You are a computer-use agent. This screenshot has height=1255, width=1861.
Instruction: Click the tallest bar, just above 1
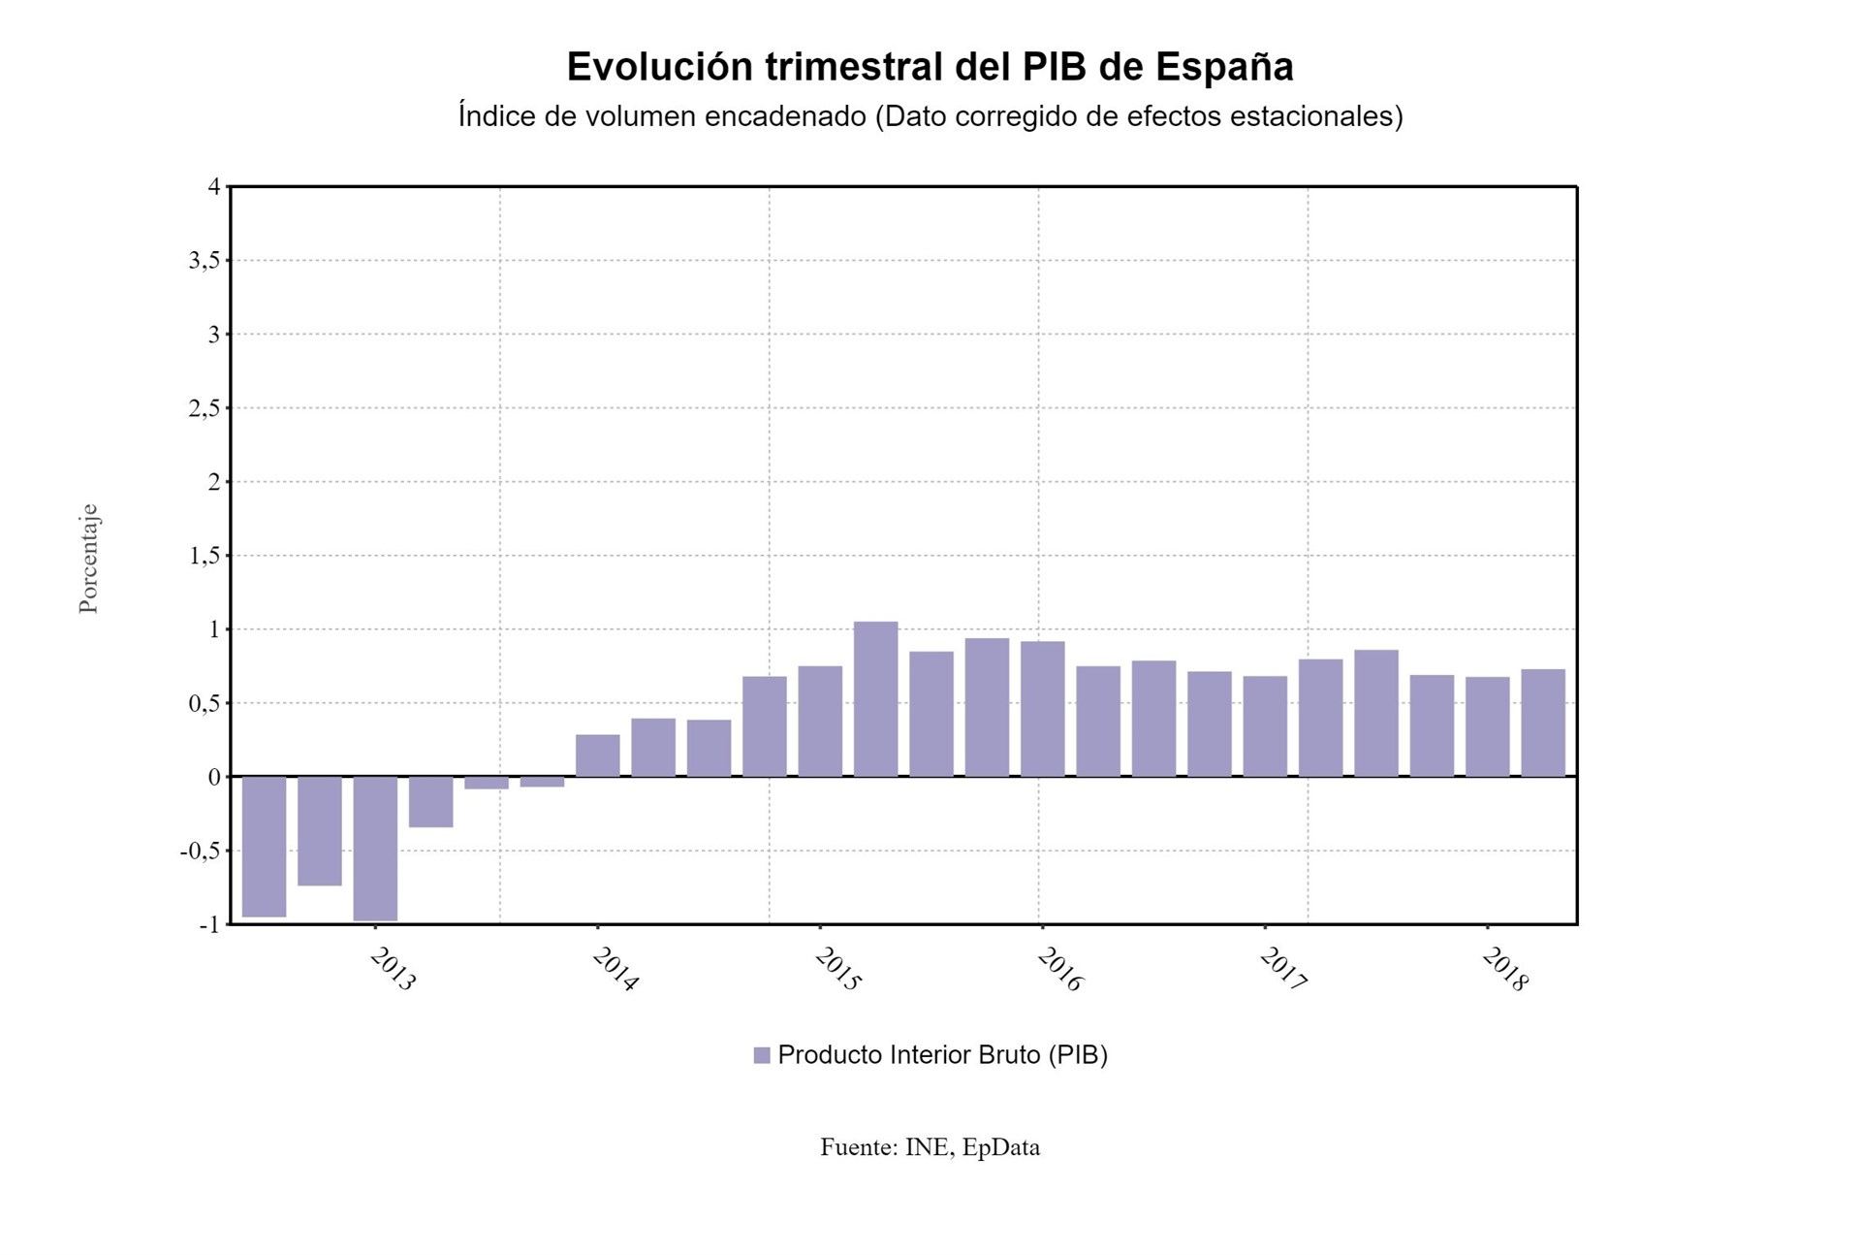pos(875,698)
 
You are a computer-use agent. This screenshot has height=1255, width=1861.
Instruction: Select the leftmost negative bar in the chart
pos(264,846)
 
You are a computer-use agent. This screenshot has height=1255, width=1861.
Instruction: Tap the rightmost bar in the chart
pos(1542,723)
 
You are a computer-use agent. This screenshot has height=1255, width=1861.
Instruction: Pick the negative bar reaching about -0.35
pos(430,801)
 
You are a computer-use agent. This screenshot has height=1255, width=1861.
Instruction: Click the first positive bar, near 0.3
pos(597,756)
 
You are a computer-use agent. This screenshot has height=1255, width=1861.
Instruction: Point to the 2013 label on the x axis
pos(393,969)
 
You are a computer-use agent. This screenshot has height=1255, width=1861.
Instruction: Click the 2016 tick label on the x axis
pos(1059,969)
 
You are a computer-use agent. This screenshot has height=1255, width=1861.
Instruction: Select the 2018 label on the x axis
pos(1504,969)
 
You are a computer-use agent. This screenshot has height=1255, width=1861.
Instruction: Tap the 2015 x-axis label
pos(837,969)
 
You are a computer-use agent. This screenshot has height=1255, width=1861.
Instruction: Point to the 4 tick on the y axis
pos(214,186)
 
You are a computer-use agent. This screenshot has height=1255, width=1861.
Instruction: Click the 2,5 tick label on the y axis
pos(204,407)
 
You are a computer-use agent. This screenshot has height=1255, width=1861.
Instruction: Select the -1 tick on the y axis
pos(209,924)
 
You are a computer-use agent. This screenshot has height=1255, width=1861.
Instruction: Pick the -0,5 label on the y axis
pos(199,851)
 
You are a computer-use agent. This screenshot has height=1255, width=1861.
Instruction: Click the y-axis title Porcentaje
pos(88,558)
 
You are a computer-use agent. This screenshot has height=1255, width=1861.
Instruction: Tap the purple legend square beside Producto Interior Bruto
pos(762,1055)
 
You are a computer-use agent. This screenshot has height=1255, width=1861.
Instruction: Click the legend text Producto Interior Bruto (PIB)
pos(942,1055)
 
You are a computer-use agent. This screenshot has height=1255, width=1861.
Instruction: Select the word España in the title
pos(1224,67)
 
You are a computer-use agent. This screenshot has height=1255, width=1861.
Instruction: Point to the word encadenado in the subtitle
pos(785,116)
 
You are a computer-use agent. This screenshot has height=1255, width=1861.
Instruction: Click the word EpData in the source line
pos(1000,1147)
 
